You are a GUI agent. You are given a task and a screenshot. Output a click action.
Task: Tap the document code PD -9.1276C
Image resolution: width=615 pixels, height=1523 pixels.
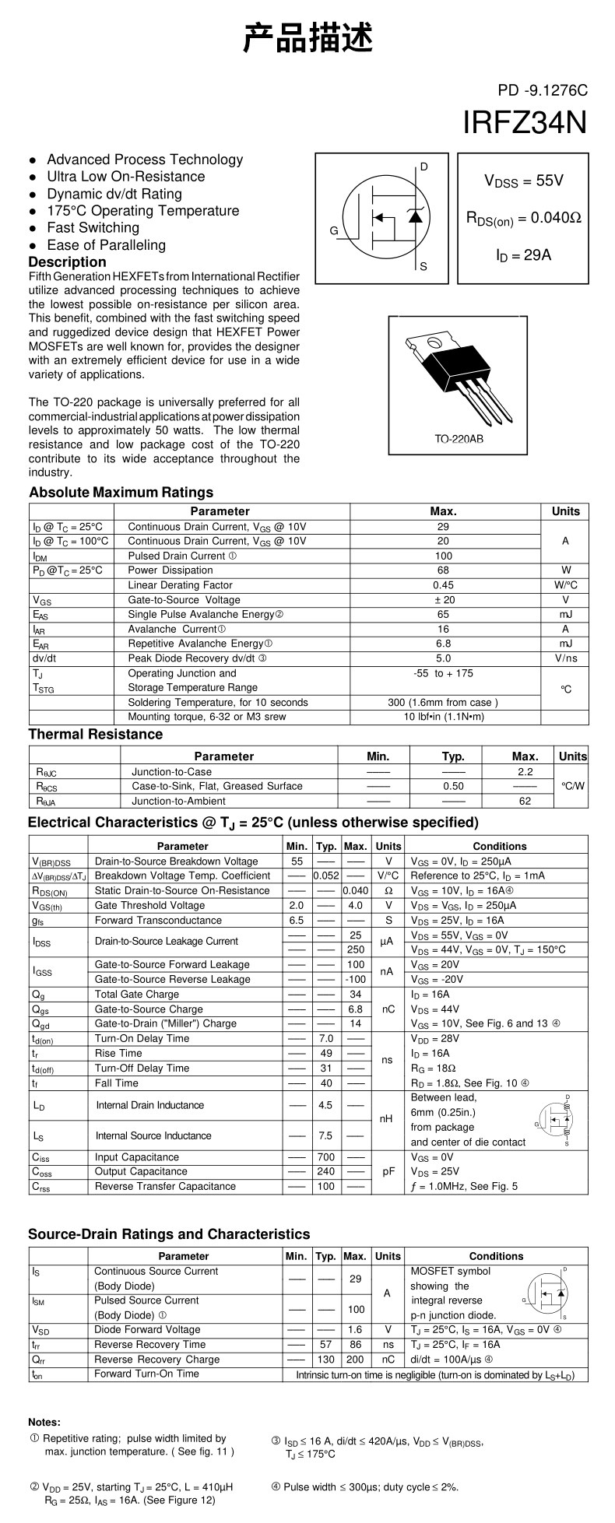543,90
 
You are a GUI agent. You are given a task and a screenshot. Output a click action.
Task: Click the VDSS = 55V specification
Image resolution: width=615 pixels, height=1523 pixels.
523,181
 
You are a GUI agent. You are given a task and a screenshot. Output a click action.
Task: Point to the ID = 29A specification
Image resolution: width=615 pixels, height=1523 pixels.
523,254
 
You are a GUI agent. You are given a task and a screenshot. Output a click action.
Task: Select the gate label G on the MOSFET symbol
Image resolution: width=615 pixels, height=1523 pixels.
333,231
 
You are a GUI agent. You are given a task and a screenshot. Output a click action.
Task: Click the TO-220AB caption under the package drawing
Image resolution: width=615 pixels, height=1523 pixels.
459,439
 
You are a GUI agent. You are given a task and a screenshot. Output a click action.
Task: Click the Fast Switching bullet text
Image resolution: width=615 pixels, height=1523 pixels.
93,228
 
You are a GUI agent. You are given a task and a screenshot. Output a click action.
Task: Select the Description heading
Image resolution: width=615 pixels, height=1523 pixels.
67,262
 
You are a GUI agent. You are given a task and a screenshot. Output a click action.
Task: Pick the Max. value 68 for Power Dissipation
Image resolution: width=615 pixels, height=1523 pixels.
444,570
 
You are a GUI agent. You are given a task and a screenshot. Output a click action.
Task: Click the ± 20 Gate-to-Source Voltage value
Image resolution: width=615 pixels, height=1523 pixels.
444,600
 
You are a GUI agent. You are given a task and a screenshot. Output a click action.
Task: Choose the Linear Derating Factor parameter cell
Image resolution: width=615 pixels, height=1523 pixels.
180,585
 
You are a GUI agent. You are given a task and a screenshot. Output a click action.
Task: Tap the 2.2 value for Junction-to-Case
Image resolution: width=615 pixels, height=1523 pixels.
525,772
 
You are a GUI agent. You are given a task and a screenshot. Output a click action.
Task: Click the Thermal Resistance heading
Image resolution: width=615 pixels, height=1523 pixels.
96,735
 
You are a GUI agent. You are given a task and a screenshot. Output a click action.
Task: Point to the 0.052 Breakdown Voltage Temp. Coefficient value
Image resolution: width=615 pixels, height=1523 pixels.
325,876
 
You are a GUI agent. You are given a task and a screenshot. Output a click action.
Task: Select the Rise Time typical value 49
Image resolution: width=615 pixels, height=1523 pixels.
326,1054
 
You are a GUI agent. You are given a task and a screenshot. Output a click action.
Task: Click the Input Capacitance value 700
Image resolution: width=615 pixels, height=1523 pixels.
326,1157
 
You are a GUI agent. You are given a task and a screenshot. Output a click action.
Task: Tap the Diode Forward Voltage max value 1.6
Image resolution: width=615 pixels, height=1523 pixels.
355,1330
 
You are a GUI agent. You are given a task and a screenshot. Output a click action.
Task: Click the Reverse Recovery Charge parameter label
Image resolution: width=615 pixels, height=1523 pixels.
156,1360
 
